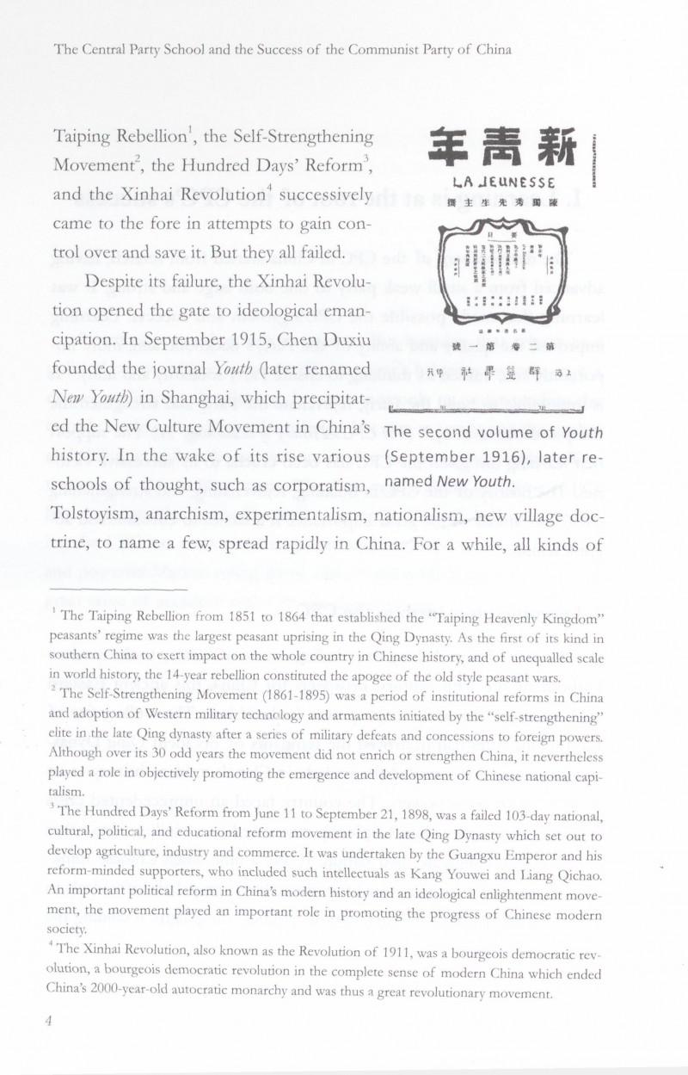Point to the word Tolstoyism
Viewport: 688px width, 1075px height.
(95, 514)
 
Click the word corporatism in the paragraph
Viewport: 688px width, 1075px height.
(320, 485)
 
